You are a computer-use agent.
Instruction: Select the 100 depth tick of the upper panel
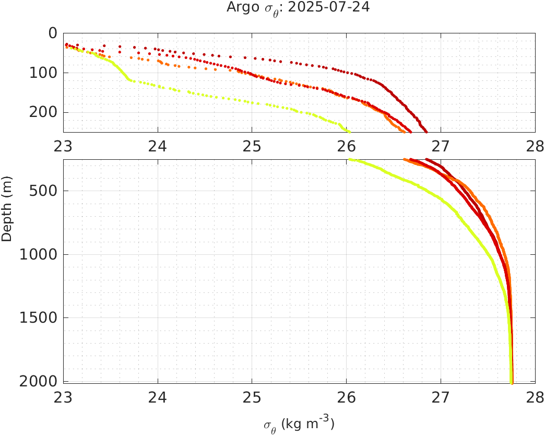(x=44, y=73)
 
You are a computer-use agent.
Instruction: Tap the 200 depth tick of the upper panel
(x=44, y=112)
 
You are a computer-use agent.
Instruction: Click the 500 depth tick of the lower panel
(x=44, y=191)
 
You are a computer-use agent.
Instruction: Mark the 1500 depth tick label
(x=40, y=318)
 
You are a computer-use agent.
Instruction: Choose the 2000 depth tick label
(x=40, y=382)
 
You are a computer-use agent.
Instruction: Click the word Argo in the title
(x=240, y=8)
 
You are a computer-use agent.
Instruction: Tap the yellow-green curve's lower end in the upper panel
(x=349, y=132)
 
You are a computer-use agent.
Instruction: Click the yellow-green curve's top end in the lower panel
(x=350, y=160)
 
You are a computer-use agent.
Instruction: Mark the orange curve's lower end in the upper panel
(x=404, y=132)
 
